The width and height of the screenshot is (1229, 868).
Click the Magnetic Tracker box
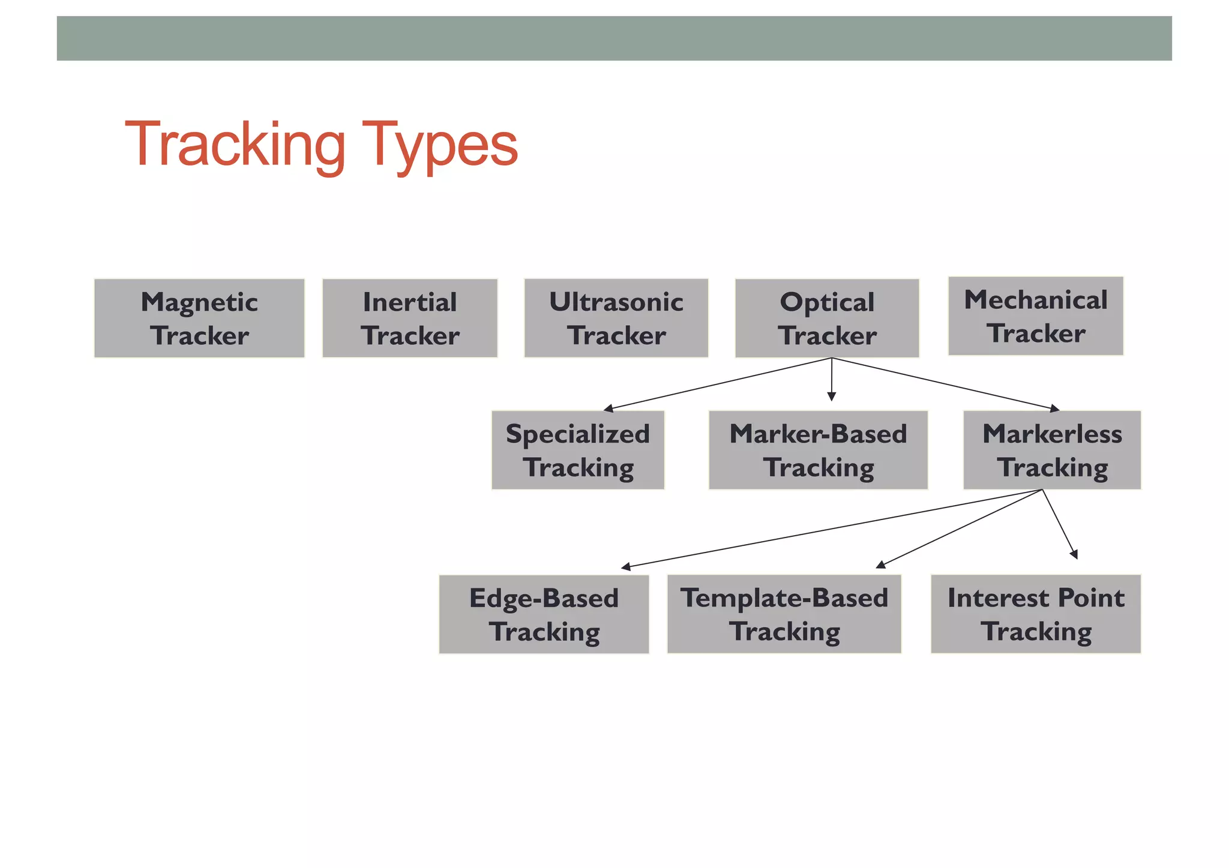click(x=199, y=318)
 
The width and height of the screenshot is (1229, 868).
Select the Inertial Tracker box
click(x=410, y=318)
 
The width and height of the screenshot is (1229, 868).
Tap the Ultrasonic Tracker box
click(x=616, y=318)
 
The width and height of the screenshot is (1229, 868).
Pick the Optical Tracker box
click(x=827, y=318)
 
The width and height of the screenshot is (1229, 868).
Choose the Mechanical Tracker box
click(x=1035, y=316)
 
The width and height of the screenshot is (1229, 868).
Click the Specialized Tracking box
click(x=577, y=450)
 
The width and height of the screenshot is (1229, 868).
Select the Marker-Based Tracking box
click(x=818, y=450)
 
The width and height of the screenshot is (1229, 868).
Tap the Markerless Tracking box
click(x=1051, y=450)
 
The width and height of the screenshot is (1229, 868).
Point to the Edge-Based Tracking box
click(x=544, y=614)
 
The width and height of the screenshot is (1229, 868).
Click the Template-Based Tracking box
click(x=784, y=614)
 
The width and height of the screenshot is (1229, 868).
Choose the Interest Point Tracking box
click(x=1035, y=614)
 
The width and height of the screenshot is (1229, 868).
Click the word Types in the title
click(x=439, y=145)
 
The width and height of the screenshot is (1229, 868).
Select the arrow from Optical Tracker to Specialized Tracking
click(x=718, y=384)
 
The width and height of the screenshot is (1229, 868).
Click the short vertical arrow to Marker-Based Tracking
click(x=831, y=379)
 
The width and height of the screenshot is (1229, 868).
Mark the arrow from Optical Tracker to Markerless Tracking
click(x=945, y=384)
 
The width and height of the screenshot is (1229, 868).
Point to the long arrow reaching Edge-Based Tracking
click(x=831, y=528)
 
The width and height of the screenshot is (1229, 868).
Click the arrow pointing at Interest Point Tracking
click(x=1060, y=524)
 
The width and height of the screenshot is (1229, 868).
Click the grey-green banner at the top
click(x=614, y=38)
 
